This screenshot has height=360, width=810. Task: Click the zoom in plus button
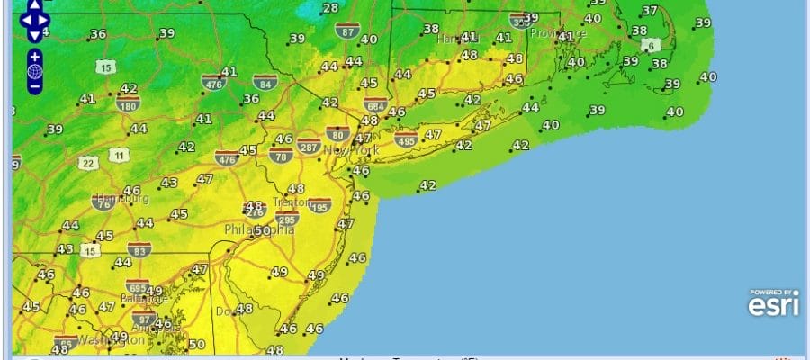pyautogui.click(x=34, y=56)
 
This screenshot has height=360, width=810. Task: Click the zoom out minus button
pyautogui.click(x=34, y=87)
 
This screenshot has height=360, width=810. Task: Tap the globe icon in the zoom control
pyautogui.click(x=34, y=72)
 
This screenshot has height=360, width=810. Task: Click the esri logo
pyautogui.click(x=773, y=304)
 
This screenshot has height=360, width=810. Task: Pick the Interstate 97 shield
pyautogui.click(x=143, y=318)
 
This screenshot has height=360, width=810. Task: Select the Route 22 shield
pyautogui.click(x=88, y=162)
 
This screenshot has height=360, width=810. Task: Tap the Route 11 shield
pyautogui.click(x=118, y=156)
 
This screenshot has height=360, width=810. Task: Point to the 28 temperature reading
pyautogui.click(x=330, y=8)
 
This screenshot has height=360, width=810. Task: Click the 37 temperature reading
pyautogui.click(x=649, y=11)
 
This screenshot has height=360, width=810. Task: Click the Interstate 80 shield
pyautogui.click(x=337, y=133)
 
